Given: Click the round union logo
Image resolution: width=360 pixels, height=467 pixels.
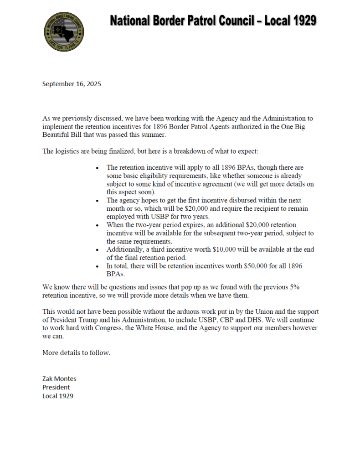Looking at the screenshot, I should [64, 31].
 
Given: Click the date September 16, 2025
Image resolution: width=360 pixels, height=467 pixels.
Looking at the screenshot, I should [72, 84].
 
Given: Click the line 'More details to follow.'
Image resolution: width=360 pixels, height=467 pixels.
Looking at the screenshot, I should [76, 353].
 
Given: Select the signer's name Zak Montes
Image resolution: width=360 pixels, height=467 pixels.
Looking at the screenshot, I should [60, 379].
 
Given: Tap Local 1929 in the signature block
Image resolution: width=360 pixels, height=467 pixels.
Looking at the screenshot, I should [58, 396].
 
